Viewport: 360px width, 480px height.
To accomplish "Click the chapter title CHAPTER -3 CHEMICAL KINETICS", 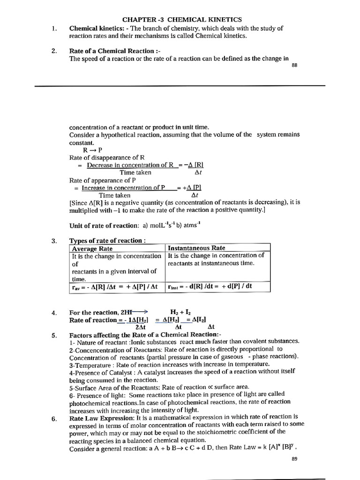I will coord(182,20).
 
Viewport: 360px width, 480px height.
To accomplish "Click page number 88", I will coord(294,66).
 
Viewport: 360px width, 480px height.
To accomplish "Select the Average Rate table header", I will coord(92,248).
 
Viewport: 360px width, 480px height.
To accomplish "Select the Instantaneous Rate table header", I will coord(196,248).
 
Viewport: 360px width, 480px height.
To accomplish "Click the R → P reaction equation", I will coord(93,150).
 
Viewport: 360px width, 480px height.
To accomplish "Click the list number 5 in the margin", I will coord(54,335).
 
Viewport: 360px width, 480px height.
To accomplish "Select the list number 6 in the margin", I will coord(54,419).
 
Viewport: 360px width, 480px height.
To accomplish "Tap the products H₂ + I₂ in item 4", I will coord(182,312).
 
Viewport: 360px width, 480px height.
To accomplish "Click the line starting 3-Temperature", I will coord(169,364).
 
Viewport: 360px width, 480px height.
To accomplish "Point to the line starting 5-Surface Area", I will coord(159,387).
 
